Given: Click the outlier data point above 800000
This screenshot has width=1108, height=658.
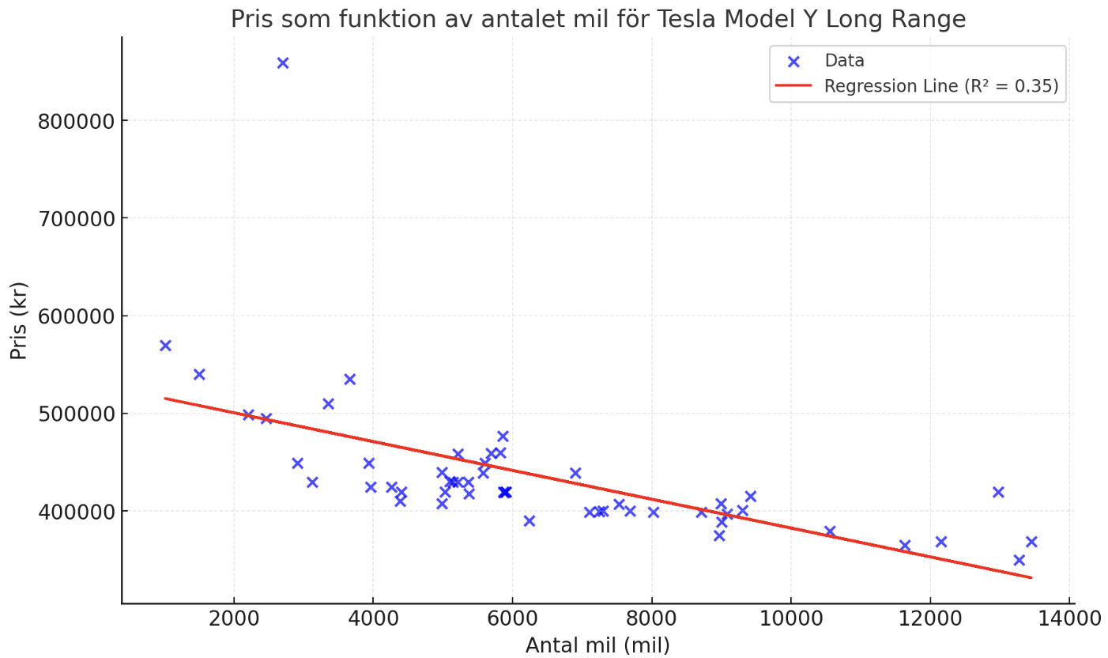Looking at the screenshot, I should [x=283, y=63].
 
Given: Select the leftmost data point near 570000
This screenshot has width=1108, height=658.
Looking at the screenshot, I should [x=165, y=346].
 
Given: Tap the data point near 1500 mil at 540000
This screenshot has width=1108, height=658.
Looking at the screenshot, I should [x=199, y=374].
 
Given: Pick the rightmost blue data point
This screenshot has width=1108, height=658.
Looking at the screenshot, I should [x=1031, y=542].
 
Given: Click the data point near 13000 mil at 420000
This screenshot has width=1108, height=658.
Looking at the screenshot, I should [x=998, y=492].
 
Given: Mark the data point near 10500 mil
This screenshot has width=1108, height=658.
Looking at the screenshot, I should [x=830, y=531].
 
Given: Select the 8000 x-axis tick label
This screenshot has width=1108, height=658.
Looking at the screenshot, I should [x=651, y=618].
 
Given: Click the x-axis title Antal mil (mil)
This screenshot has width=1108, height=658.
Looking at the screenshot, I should [x=597, y=646].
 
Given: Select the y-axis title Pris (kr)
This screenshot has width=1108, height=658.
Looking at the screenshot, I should [x=19, y=320].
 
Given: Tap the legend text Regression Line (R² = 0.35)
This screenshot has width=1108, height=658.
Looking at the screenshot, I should [x=941, y=86].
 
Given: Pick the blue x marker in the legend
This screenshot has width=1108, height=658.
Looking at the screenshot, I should [x=793, y=61].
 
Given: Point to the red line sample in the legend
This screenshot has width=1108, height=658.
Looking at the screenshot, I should [x=793, y=86].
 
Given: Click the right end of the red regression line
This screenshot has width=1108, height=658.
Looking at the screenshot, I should [x=1031, y=577].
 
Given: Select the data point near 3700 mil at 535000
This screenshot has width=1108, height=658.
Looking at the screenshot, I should [x=350, y=380].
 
